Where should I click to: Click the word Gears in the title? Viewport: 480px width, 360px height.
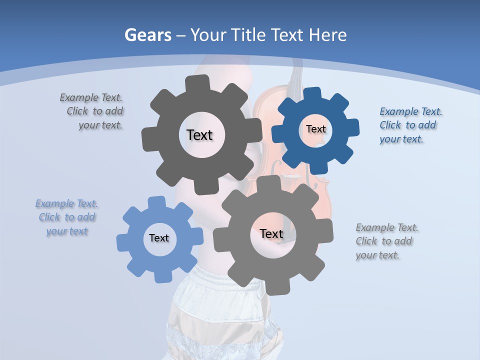pyautogui.click(x=147, y=35)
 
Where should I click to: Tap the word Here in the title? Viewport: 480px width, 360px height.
pyautogui.click(x=328, y=35)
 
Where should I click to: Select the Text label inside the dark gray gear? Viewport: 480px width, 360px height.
pyautogui.click(x=199, y=135)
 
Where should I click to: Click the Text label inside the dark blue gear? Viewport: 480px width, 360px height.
pyautogui.click(x=316, y=129)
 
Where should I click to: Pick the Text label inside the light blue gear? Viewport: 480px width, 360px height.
pyautogui.click(x=159, y=238)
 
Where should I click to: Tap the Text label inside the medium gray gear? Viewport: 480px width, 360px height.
pyautogui.click(x=271, y=233)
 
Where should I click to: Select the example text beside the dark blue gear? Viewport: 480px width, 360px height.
pyautogui.click(x=410, y=125)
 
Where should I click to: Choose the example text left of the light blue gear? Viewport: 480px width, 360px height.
pyautogui.click(x=67, y=217)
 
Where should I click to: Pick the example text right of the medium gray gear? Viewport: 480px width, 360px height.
pyautogui.click(x=387, y=241)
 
